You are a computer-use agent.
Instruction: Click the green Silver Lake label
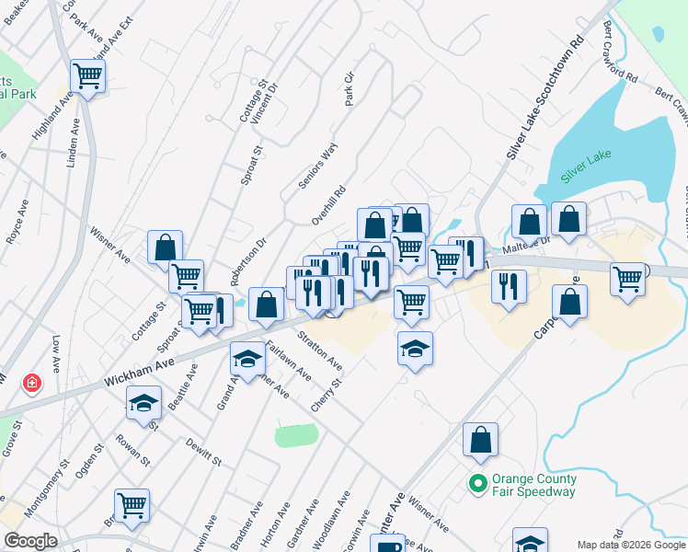[x=587, y=170]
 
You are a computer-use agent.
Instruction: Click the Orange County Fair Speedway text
[x=534, y=485]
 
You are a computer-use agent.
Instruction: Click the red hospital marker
[x=32, y=382]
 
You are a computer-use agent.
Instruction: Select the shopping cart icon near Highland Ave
[x=87, y=75]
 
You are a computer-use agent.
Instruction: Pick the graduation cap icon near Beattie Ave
[x=143, y=405]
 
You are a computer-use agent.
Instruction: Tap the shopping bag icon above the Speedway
[x=480, y=441]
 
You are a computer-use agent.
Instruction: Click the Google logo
[x=30, y=541]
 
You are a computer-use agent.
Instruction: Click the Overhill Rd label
[x=327, y=204]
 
